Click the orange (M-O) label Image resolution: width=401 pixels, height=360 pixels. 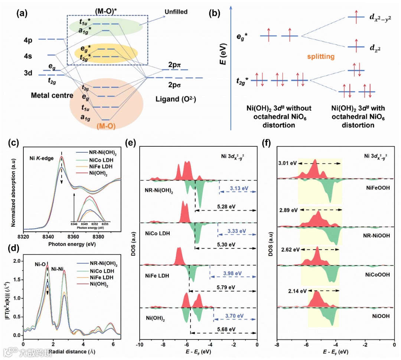[107, 126]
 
